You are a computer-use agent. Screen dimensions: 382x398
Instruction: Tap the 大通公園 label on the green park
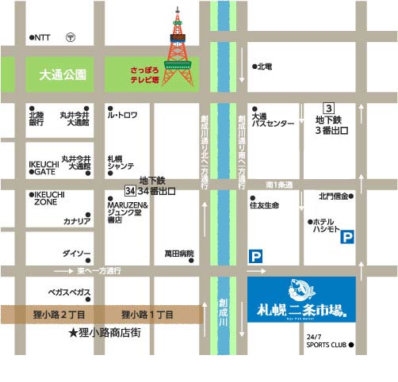point(63,74)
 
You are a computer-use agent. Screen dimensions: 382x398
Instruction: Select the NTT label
point(42,37)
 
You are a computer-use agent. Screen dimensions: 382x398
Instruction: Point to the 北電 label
point(263,67)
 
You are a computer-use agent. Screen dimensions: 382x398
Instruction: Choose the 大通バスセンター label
point(271,120)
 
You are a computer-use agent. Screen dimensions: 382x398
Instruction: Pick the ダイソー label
point(77,254)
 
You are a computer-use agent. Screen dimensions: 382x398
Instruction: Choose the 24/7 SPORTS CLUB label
point(327,341)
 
